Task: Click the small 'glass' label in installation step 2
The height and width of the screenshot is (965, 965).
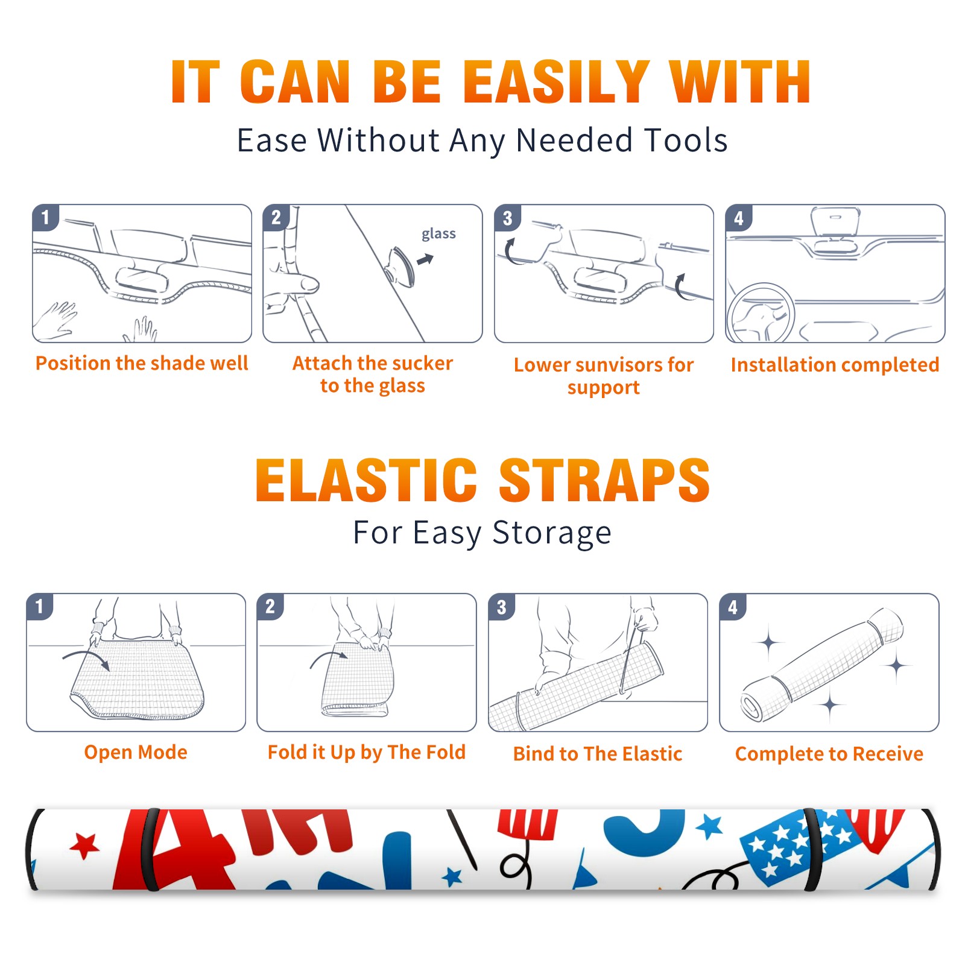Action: [x=438, y=234]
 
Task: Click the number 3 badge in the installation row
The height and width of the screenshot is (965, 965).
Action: [x=507, y=218]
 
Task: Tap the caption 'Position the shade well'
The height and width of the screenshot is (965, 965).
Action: [x=142, y=363]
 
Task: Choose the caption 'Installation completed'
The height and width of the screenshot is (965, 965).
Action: [x=835, y=365]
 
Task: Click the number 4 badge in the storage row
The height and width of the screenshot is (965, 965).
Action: [x=733, y=607]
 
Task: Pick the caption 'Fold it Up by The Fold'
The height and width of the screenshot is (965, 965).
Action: [x=367, y=752]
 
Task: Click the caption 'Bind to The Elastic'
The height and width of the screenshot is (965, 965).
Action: [x=598, y=754]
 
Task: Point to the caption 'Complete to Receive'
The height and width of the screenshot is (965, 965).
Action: [x=829, y=754]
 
